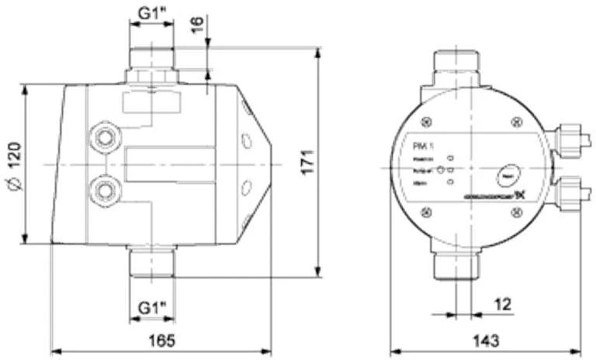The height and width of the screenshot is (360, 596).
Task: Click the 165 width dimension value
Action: [161, 341]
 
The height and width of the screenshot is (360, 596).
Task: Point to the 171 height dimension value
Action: [307, 161]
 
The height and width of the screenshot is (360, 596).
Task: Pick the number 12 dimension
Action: [503, 303]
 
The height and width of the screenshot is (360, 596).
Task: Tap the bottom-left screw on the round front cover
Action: [424, 212]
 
